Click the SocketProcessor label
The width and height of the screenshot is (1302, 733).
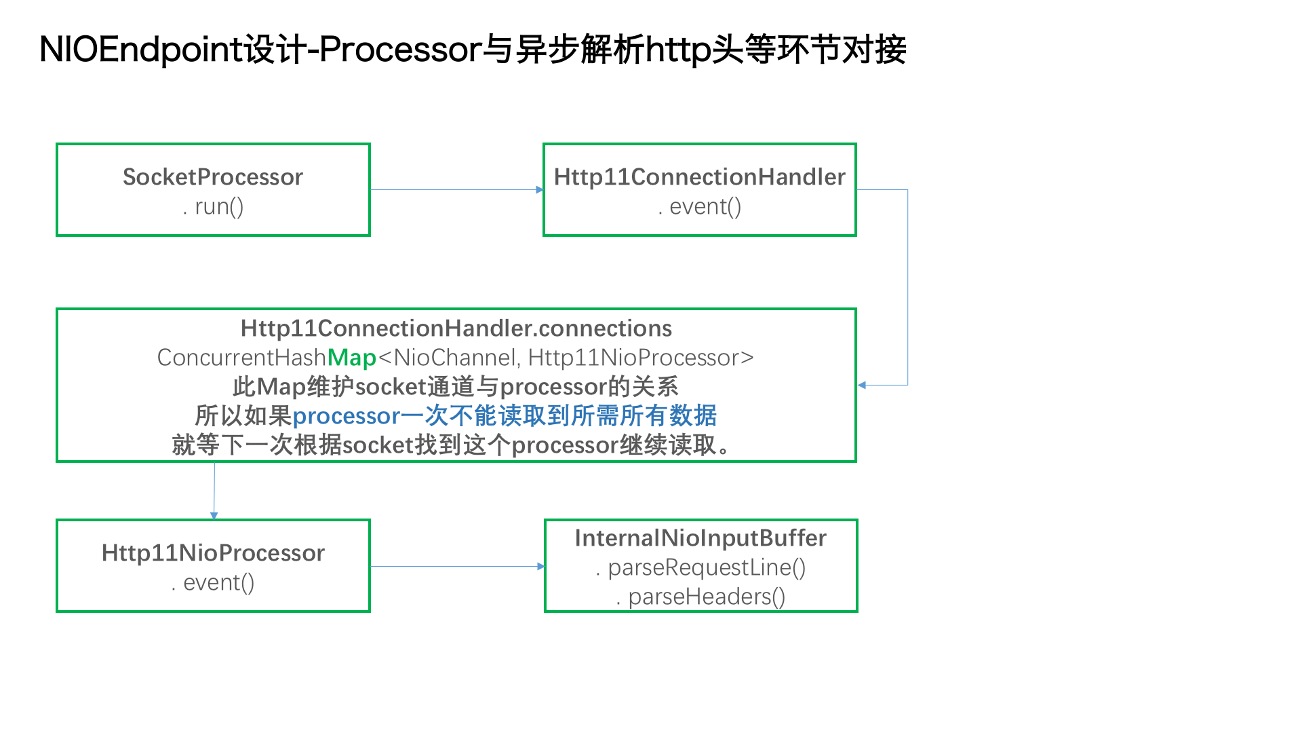213,177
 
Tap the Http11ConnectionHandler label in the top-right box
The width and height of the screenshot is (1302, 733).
700,177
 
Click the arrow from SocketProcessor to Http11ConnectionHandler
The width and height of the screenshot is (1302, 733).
457,190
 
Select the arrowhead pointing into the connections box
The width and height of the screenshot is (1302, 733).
862,386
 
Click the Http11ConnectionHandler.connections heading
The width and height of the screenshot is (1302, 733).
456,328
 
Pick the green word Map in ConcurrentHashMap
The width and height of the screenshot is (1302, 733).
352,358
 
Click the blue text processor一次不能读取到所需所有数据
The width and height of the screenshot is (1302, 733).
505,415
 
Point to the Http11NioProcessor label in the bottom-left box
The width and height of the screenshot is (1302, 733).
213,553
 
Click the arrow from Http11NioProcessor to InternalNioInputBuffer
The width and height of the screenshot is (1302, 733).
458,566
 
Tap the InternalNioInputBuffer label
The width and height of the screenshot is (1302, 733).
701,538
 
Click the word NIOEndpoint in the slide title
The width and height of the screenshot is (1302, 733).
141,50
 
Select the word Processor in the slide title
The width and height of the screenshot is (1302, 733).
400,50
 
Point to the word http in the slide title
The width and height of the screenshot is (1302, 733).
679,50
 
